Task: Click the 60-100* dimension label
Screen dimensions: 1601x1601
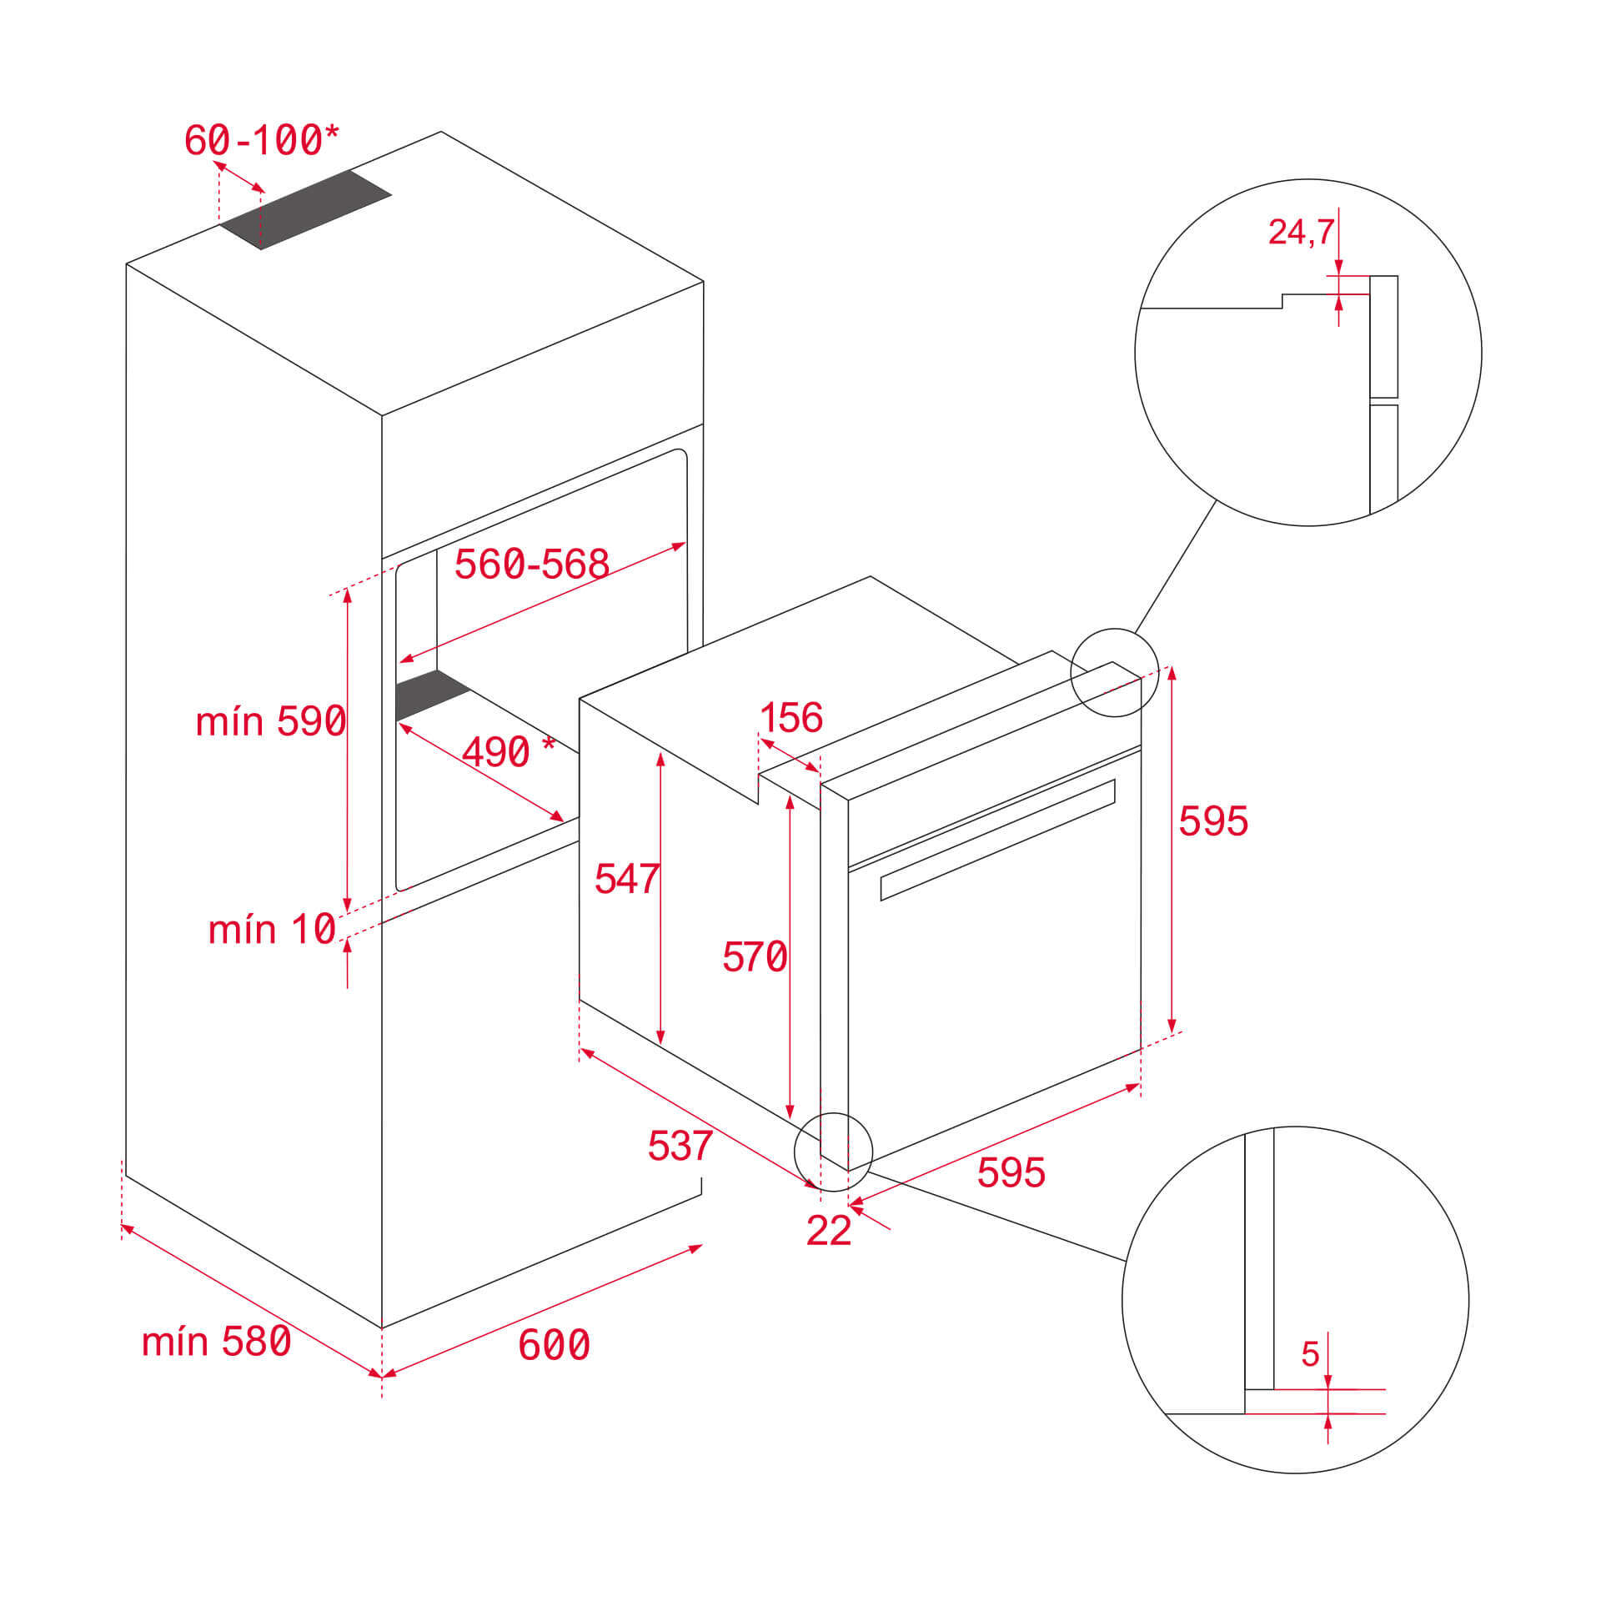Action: [261, 140]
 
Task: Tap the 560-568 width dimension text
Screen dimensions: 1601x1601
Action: [531, 565]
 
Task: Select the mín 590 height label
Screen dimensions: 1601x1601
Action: [270, 721]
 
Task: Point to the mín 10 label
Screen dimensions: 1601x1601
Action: [272, 929]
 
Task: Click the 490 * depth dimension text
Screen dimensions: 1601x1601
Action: [507, 752]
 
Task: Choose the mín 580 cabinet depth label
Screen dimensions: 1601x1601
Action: [216, 1342]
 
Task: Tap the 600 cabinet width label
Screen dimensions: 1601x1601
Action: [554, 1345]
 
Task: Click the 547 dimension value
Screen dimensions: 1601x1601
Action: [626, 879]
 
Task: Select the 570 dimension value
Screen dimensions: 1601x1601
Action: [754, 956]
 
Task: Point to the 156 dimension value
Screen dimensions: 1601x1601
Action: [790, 717]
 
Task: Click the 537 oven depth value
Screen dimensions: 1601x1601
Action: [680, 1146]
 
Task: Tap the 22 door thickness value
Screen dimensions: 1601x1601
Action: [828, 1231]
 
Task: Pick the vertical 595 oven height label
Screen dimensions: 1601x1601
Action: [1212, 821]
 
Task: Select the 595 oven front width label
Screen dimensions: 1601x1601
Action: [1011, 1172]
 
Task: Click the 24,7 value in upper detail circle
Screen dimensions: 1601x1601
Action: [1300, 232]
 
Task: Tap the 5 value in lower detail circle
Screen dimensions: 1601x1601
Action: [1310, 1354]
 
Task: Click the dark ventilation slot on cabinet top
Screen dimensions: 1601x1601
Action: [305, 209]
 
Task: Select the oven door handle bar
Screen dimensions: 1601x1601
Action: [997, 840]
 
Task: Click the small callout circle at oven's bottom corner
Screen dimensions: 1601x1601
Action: [833, 1152]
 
